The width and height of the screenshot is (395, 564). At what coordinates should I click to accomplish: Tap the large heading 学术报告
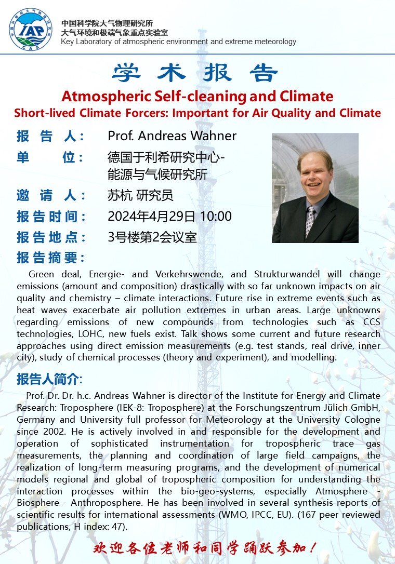[195, 73]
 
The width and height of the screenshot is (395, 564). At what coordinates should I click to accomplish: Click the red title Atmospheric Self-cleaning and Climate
[197, 96]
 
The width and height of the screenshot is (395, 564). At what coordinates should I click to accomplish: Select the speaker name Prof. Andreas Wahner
[172, 136]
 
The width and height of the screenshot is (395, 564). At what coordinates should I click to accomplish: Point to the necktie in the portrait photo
[310, 220]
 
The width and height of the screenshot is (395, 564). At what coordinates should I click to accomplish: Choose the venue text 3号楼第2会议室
[152, 237]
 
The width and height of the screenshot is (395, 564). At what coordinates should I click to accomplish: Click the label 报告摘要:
[50, 258]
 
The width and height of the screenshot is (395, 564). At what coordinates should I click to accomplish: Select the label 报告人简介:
[50, 378]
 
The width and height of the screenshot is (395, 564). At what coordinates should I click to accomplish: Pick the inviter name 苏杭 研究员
[140, 196]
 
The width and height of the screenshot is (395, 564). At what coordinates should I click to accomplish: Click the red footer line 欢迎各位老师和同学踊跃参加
[205, 548]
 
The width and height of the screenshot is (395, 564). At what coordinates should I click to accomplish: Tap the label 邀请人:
[50, 196]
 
